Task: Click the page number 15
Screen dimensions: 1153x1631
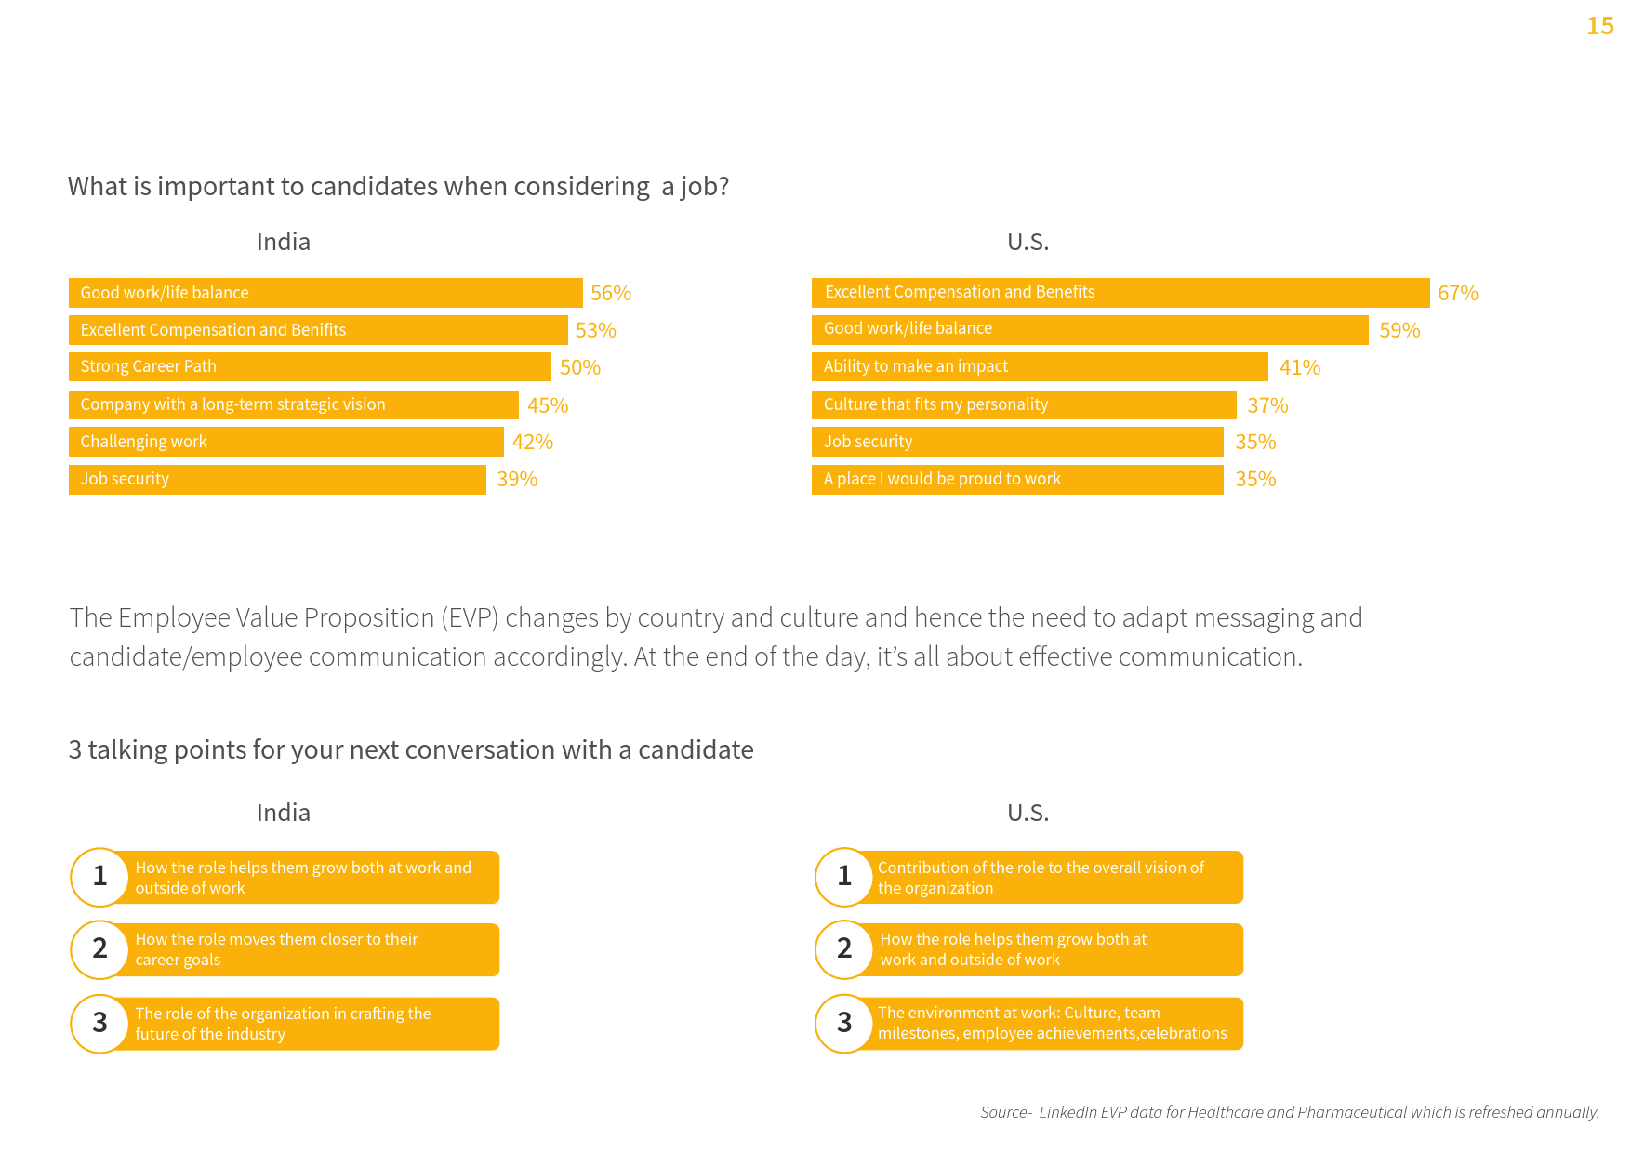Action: [1599, 26]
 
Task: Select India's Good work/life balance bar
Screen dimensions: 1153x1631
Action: [325, 293]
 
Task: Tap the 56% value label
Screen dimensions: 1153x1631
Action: [611, 293]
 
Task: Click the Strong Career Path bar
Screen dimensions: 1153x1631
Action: [310, 367]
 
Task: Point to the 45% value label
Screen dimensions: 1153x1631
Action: [548, 405]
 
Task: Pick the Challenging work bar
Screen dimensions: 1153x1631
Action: [285, 442]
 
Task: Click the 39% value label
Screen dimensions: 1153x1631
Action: [517, 479]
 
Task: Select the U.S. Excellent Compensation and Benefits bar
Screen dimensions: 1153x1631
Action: [1120, 292]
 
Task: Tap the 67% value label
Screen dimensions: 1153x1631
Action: [1457, 293]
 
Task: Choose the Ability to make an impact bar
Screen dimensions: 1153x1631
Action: [1039, 367]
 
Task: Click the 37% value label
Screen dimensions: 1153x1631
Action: [1267, 405]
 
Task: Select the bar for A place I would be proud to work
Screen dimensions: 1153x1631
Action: [1016, 479]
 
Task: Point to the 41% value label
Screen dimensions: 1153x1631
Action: [1299, 367]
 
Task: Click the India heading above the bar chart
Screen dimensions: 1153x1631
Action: [283, 242]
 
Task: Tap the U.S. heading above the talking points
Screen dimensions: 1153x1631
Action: [1028, 813]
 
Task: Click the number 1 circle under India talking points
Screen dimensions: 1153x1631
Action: [99, 876]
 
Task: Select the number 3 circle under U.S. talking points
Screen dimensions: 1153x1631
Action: [844, 1023]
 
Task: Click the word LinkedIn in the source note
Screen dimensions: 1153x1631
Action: [1067, 1112]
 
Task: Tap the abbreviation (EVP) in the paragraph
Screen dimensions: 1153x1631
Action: [470, 617]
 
